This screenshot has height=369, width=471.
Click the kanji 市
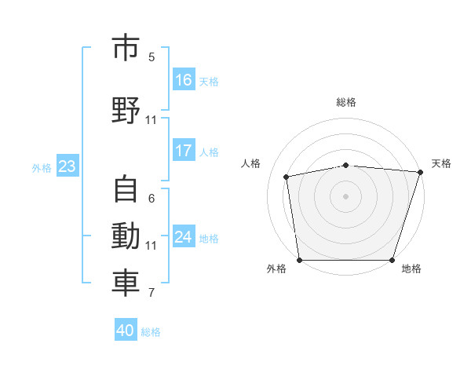click(126, 47)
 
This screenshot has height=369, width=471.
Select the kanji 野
click(126, 110)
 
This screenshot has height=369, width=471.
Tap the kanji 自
click(126, 188)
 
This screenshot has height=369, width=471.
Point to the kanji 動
click(126, 236)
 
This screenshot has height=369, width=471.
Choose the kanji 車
click(126, 283)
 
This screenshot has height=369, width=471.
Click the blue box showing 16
click(184, 79)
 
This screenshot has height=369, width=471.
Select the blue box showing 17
click(184, 150)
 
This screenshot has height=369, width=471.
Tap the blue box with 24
click(184, 236)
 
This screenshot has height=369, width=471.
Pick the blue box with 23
click(68, 166)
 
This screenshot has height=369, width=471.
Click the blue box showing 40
click(126, 329)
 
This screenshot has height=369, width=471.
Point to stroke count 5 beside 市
click(152, 57)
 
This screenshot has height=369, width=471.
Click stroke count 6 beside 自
click(152, 199)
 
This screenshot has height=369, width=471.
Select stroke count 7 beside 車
click(152, 293)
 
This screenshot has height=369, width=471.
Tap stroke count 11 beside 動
click(151, 246)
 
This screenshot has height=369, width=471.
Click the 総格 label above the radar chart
click(346, 102)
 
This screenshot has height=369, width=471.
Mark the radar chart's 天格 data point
click(421, 172)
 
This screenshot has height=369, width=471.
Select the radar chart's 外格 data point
click(300, 260)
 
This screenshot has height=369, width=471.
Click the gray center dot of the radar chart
click(345, 196)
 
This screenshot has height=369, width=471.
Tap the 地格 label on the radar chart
click(411, 269)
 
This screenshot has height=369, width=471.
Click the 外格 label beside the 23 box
click(42, 168)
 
